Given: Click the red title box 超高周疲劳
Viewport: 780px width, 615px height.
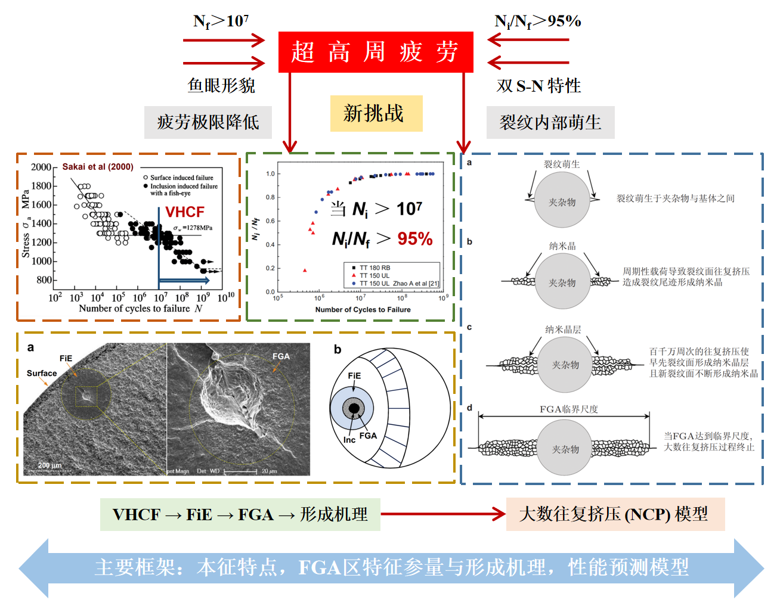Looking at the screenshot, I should (376, 52).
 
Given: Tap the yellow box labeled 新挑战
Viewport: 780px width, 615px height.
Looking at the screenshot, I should (376, 113).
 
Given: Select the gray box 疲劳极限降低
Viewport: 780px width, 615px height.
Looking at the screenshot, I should (208, 122).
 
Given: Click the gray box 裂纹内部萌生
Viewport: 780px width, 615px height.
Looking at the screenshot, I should (550, 122).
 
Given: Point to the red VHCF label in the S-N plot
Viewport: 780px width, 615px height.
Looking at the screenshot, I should (185, 212).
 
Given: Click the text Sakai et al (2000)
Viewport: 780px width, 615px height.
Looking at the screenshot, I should (98, 167).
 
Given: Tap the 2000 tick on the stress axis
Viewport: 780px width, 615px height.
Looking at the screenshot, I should (41, 167).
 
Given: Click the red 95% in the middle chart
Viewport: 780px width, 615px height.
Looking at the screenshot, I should (415, 239).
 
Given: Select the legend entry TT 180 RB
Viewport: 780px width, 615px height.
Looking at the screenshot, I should (374, 268).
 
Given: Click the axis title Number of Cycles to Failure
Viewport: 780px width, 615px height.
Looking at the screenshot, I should (363, 309).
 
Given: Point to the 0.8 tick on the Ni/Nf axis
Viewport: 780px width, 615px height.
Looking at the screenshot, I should (270, 197).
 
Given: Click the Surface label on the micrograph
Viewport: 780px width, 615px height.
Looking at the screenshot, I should (42, 374).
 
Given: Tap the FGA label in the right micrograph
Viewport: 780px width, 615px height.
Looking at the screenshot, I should (281, 356).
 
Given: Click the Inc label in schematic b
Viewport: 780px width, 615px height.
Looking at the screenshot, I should (349, 440).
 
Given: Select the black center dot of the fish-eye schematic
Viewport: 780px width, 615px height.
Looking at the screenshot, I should (354, 409).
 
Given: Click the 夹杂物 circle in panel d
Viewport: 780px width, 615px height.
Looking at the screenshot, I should (565, 448).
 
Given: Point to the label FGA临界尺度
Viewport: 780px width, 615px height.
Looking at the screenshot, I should (568, 409).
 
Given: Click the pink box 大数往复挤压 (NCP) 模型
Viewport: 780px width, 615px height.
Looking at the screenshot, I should (615, 514).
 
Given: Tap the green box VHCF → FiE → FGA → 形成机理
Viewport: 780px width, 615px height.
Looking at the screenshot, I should (240, 514).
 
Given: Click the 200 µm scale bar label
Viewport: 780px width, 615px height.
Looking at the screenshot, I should (50, 465).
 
